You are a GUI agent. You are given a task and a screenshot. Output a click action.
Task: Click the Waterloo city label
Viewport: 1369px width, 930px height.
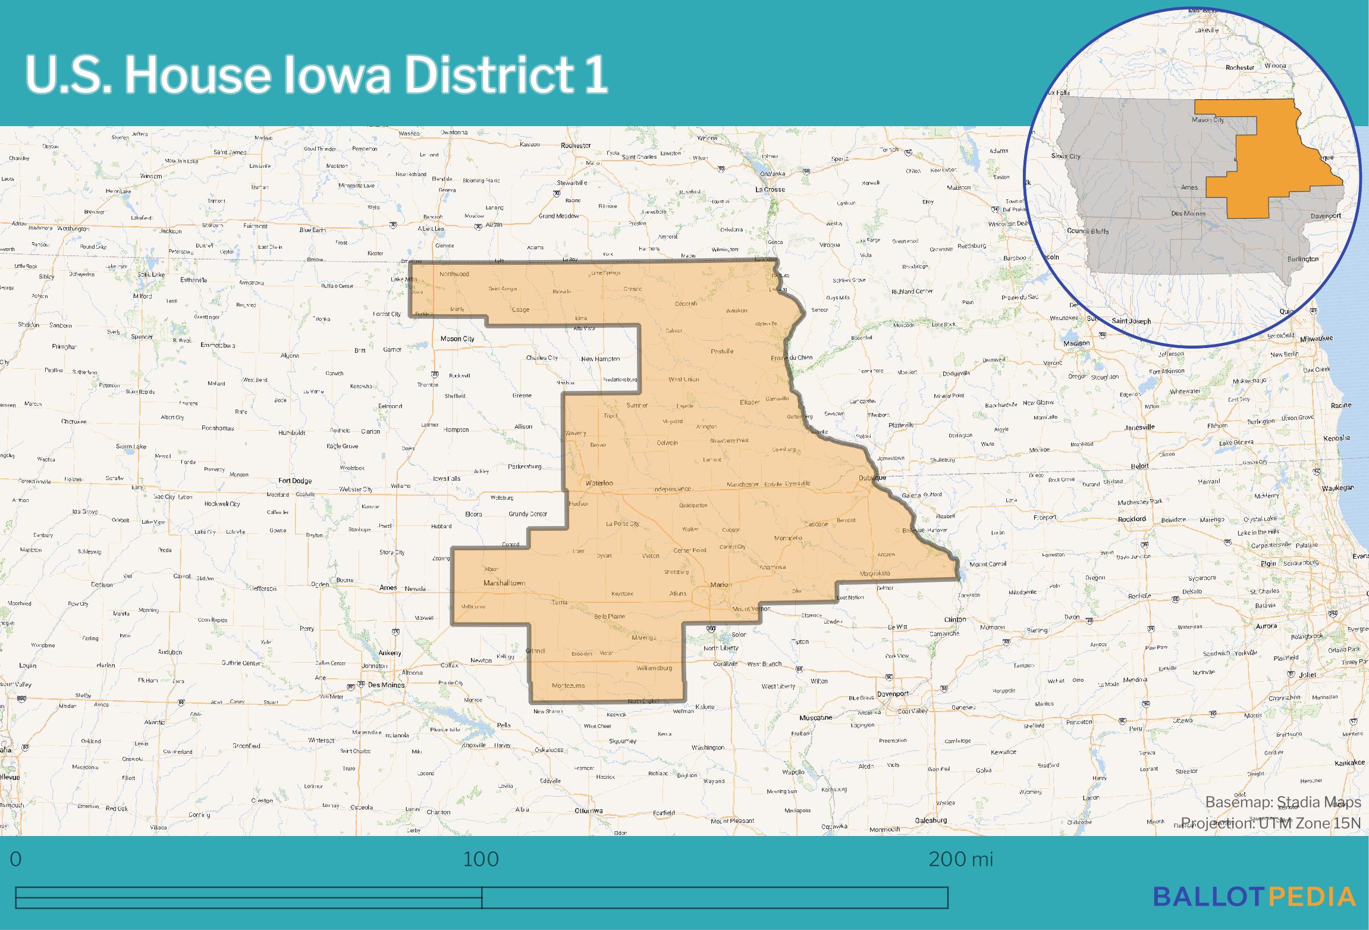[x=599, y=483]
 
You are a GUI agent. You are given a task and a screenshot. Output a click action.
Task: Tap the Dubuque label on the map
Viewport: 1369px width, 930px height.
[x=872, y=478]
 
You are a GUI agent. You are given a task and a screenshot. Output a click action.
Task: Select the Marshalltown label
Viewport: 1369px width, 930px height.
[x=504, y=583]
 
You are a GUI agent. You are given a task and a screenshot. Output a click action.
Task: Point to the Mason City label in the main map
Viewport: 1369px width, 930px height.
[x=457, y=339]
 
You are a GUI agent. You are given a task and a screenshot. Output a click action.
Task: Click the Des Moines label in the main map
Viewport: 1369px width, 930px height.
[x=386, y=685]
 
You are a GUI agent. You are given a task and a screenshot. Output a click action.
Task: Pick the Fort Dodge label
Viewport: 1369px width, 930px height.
[x=295, y=480]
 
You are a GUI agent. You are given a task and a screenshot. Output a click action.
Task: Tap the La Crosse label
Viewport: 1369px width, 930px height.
[x=770, y=189]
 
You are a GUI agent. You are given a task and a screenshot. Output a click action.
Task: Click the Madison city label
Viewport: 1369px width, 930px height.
[x=1077, y=343]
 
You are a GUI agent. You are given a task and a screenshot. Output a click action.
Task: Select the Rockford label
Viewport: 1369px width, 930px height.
[x=1131, y=519]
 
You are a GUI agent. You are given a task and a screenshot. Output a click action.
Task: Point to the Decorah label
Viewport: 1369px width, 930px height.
[x=686, y=303]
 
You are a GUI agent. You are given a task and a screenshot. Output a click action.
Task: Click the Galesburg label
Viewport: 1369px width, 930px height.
[x=931, y=820]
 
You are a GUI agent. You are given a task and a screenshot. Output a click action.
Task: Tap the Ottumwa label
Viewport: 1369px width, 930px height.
[x=589, y=810]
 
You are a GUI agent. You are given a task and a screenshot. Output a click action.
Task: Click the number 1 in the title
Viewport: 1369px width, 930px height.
[x=595, y=76]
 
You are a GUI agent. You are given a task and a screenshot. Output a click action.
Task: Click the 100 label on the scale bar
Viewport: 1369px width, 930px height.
[x=481, y=860]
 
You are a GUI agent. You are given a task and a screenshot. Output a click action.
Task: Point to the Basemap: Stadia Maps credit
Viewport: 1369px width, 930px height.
[x=1283, y=803]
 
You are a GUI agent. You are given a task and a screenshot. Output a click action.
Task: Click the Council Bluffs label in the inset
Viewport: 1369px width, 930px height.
[x=1088, y=231]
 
